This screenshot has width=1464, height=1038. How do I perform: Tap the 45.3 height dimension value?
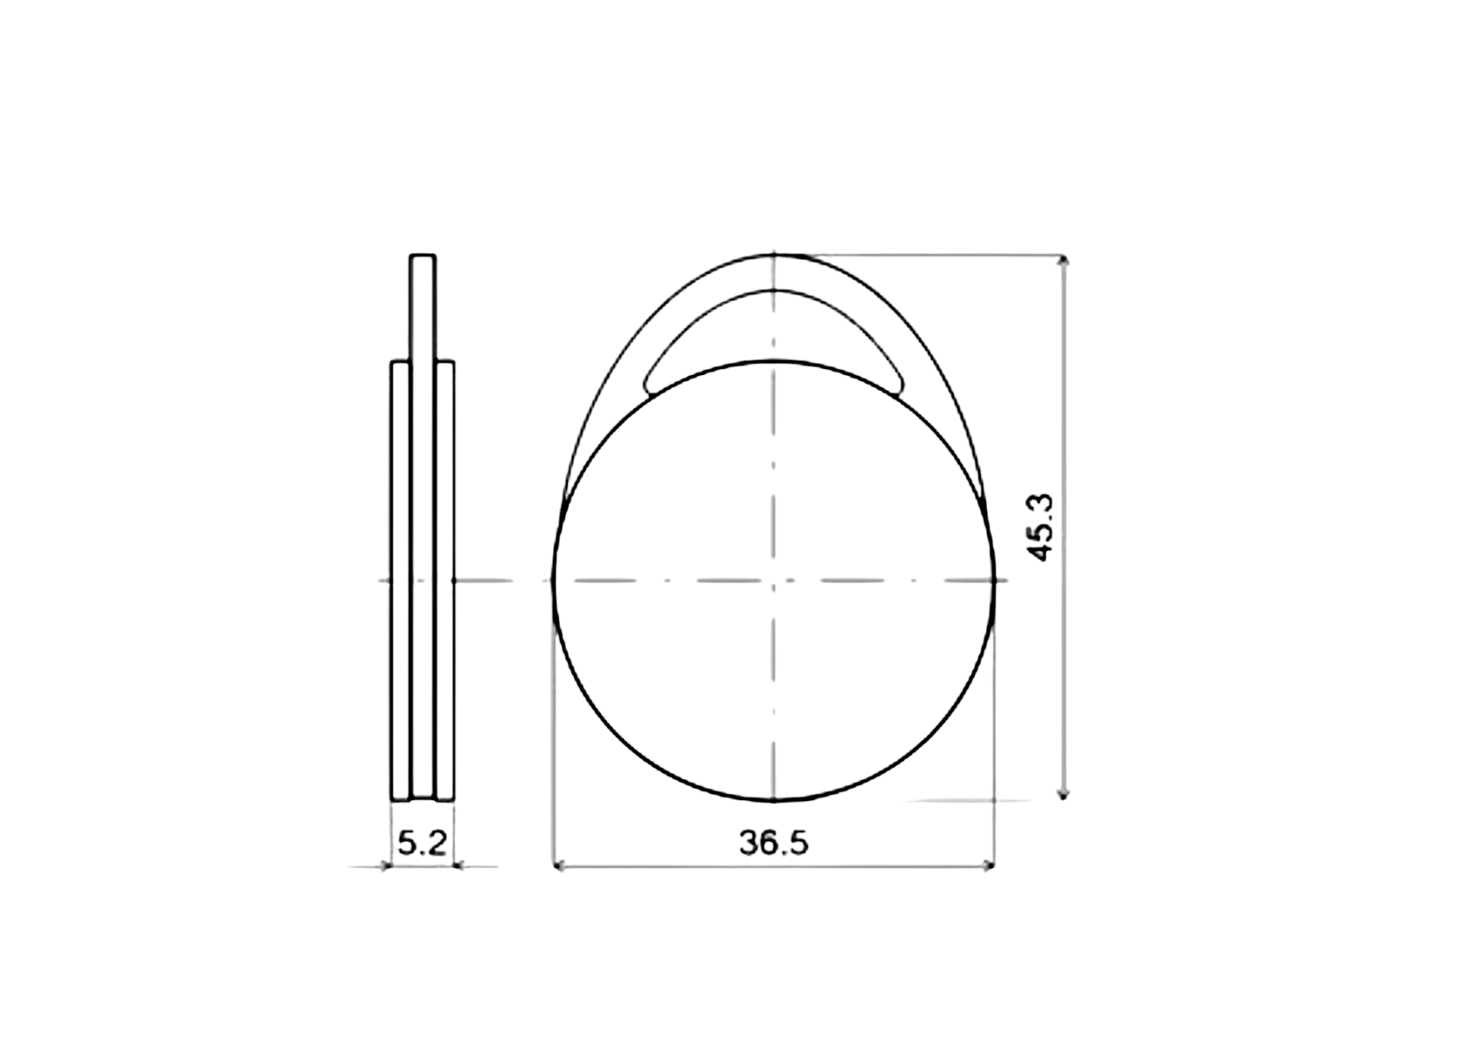tap(1041, 529)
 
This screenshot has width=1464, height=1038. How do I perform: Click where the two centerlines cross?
tap(774, 579)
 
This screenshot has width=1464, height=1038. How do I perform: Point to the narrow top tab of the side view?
tap(422, 306)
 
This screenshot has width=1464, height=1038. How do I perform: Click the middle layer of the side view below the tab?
tap(422, 578)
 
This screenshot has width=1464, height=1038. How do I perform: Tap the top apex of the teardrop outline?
tap(774, 250)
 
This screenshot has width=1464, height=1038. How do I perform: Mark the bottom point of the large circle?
tap(774, 801)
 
